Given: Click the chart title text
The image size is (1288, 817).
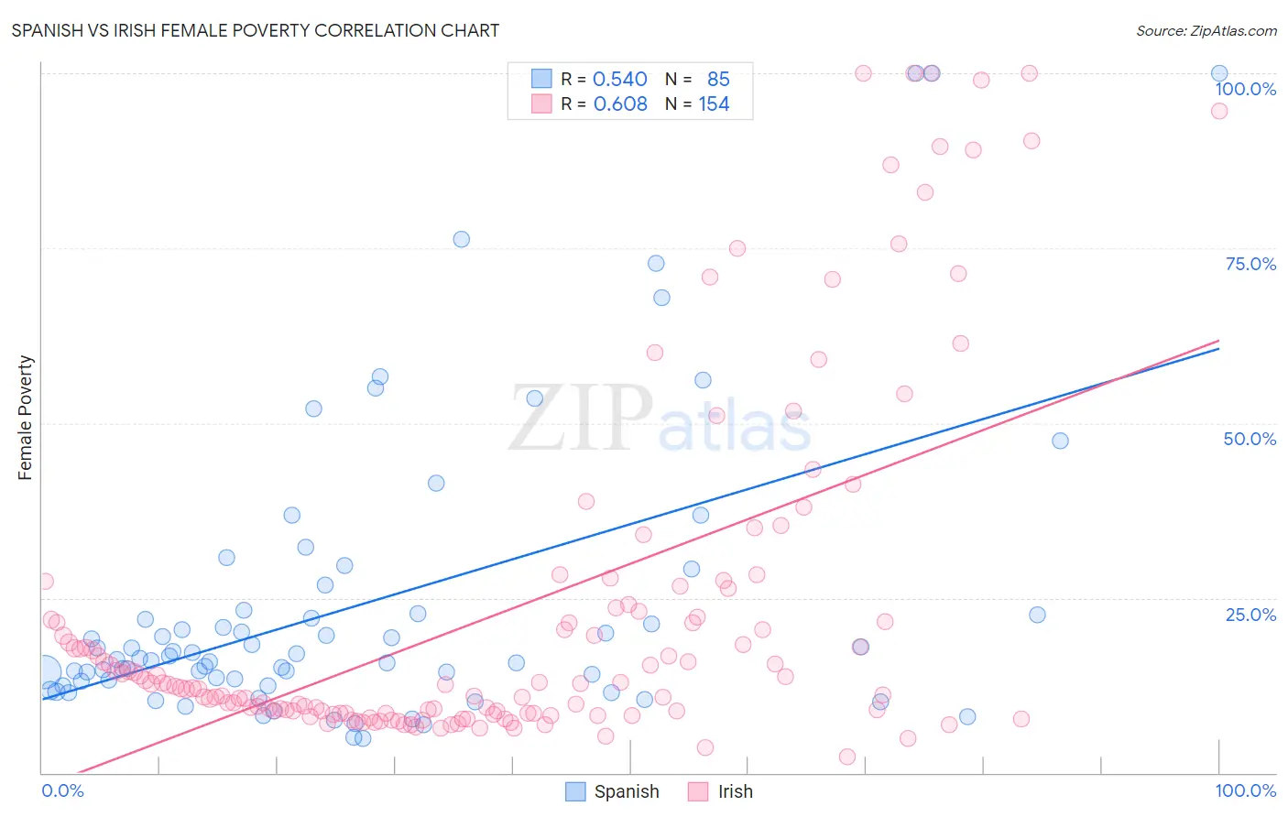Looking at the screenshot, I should [x=256, y=30].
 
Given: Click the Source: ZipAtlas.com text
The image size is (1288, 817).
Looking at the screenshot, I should [x=1206, y=30].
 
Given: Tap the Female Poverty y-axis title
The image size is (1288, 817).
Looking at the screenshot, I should [x=26, y=418].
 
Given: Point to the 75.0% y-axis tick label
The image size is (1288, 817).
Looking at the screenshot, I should [x=1250, y=264].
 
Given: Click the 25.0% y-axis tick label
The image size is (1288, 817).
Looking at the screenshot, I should [x=1250, y=615].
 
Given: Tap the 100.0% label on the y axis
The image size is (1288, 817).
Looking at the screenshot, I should [x=1245, y=89].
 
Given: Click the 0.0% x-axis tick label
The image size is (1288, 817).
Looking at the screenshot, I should [x=62, y=790].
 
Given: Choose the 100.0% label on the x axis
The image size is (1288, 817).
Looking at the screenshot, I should [x=1245, y=790].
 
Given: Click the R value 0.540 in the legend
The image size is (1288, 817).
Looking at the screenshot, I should [x=620, y=80].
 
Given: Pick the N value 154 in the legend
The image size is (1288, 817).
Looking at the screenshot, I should [x=714, y=104].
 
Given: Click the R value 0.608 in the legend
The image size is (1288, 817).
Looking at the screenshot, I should [x=620, y=104].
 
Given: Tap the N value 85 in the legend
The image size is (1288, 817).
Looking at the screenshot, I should [x=718, y=80].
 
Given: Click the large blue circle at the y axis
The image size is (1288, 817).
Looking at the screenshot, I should [x=43, y=672].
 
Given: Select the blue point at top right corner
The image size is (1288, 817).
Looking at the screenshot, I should [x=1219, y=73].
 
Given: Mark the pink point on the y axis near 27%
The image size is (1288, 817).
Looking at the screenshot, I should [x=44, y=582].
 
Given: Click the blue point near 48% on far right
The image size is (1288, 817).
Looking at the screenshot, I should [x=1060, y=441].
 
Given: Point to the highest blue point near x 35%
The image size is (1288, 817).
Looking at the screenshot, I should [x=461, y=239].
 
